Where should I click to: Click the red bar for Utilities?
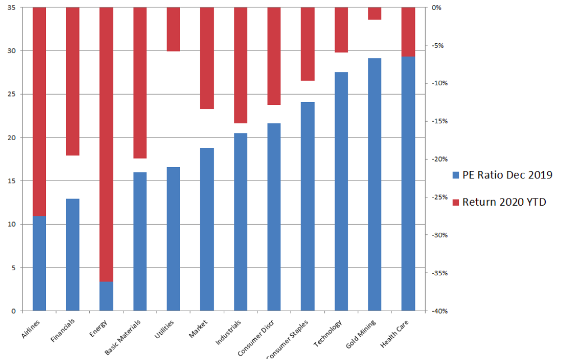click(173, 29)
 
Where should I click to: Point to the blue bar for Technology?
click(341, 191)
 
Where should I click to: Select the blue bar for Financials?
click(73, 255)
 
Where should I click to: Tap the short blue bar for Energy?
click(107, 296)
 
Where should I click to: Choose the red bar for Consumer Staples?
click(307, 44)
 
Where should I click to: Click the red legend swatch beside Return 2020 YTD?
click(455, 202)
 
